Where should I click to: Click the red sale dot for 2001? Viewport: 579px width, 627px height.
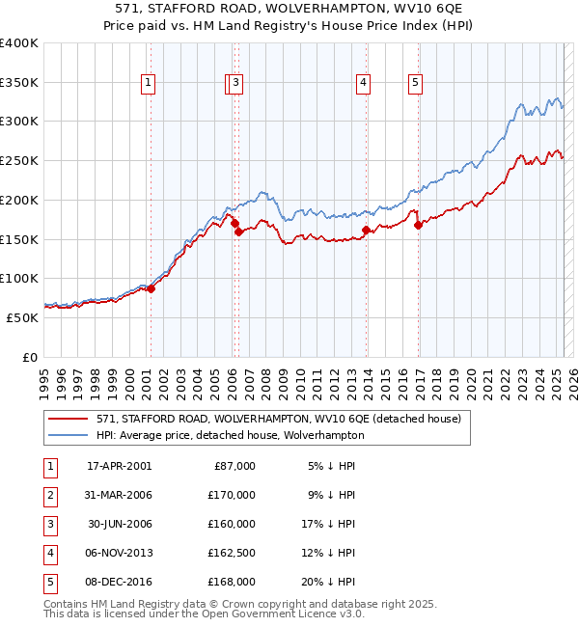point(151,288)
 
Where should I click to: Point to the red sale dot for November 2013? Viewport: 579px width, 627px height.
point(366,230)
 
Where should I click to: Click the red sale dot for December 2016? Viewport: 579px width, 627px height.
point(419,226)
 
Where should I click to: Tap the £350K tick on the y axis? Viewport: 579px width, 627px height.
point(19,82)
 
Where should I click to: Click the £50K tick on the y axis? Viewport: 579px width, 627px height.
point(23,317)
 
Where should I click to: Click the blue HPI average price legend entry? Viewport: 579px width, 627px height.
point(230,435)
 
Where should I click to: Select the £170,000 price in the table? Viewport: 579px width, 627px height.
point(233,495)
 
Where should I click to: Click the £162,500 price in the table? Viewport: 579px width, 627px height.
point(233,553)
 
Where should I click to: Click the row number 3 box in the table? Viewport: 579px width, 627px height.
point(48,524)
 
